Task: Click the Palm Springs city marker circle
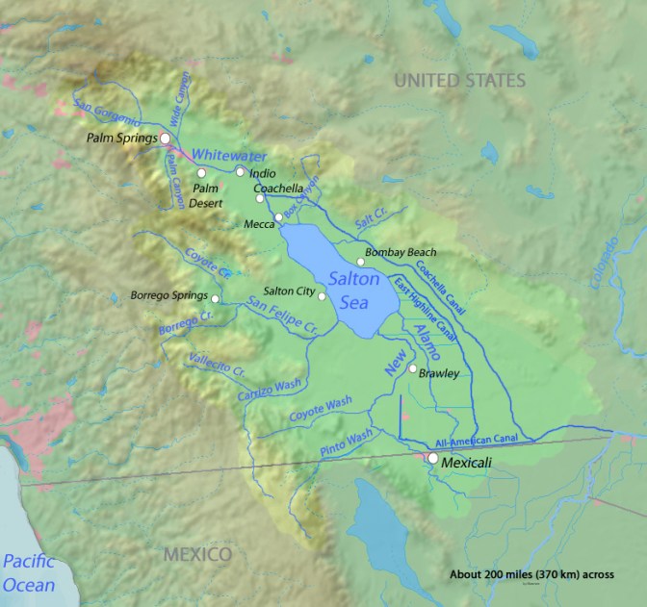(x=165, y=139)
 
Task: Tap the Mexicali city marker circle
(x=433, y=459)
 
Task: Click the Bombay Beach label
(x=401, y=251)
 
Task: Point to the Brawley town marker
(x=413, y=368)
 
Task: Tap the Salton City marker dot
(x=323, y=296)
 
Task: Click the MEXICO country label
(x=195, y=555)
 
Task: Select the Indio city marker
(x=240, y=171)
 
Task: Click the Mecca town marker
(x=279, y=216)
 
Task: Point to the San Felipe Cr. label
(x=282, y=316)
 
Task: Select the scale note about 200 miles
(x=531, y=574)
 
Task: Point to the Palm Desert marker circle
(x=201, y=172)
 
